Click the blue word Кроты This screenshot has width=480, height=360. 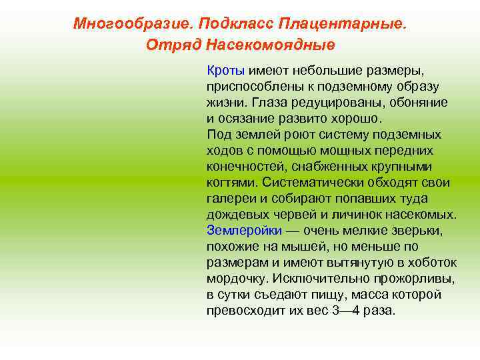(226, 70)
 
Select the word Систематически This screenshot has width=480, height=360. (310, 182)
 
